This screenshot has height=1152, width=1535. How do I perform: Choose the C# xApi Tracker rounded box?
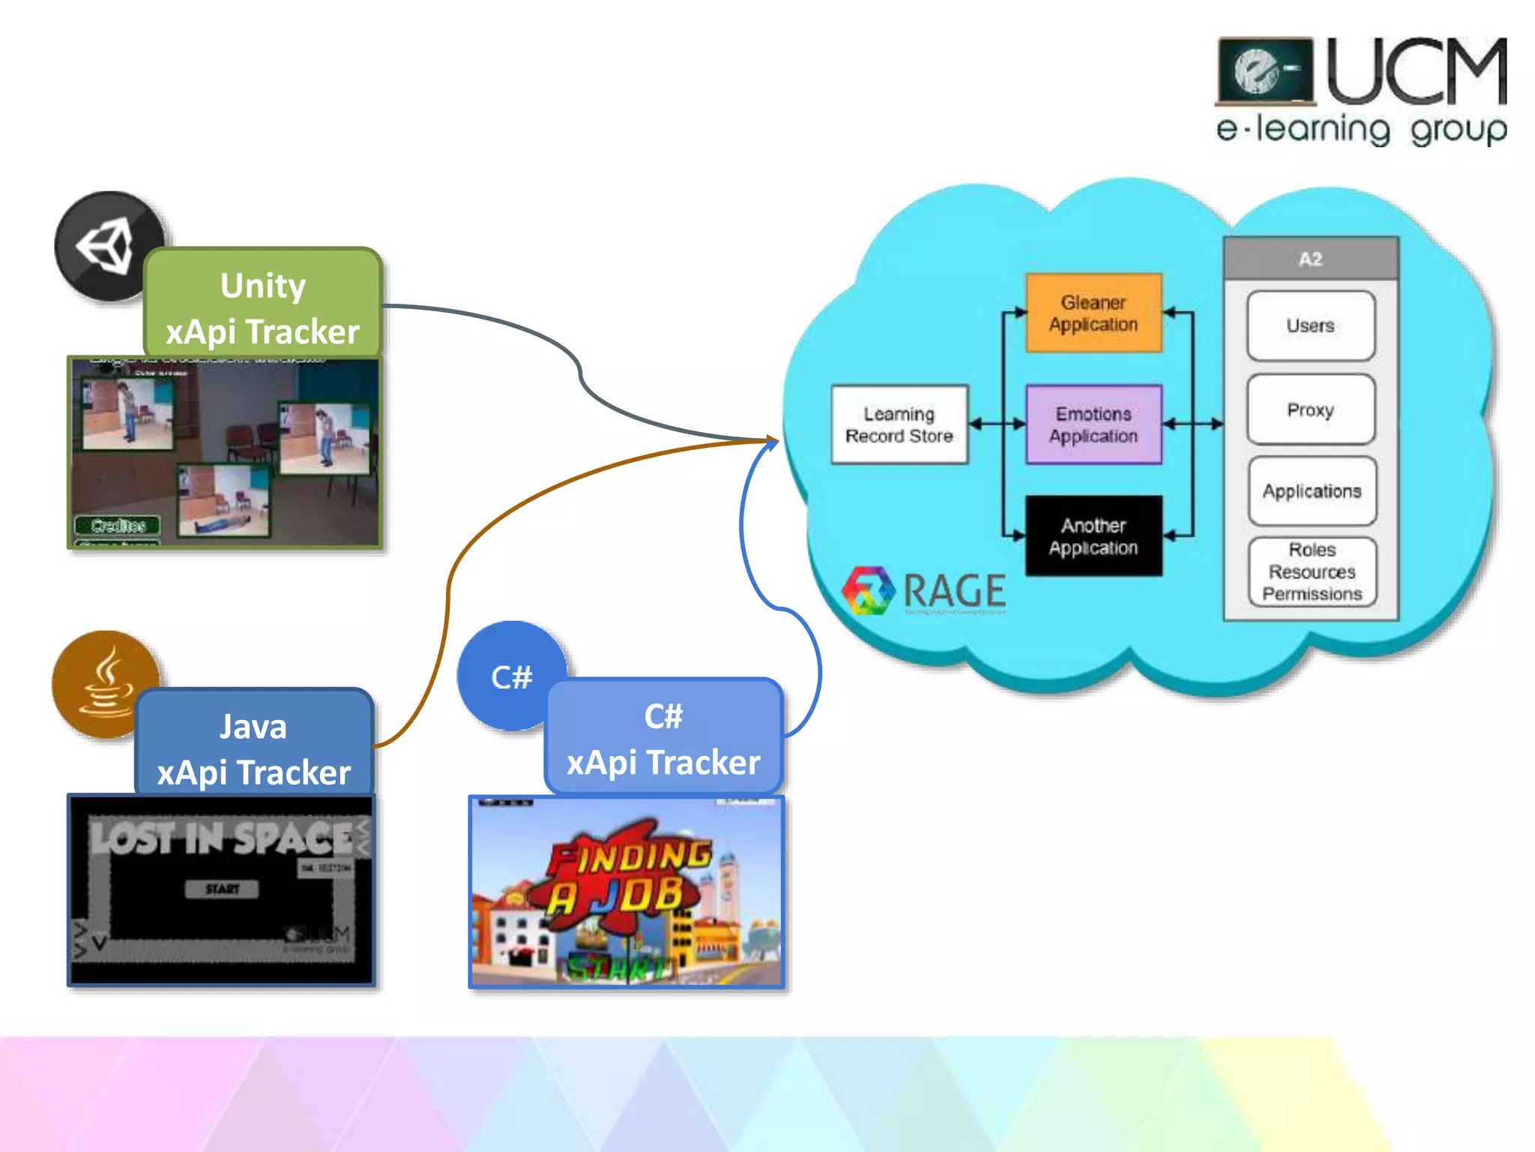tap(663, 738)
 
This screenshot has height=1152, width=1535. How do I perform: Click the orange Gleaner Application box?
tap(1093, 313)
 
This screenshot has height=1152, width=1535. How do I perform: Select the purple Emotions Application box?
tap(1093, 424)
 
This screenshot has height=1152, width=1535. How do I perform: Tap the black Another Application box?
tap(1093, 536)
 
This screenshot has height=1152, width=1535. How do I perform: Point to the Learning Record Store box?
tap(899, 424)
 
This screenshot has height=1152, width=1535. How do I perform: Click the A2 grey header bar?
tap(1310, 259)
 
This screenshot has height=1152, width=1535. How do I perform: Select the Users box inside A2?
tap(1310, 325)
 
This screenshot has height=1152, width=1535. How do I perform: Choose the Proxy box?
tap(1310, 409)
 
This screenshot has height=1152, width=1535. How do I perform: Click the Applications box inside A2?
tap(1312, 490)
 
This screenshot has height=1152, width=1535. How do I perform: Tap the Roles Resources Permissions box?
tap(1312, 571)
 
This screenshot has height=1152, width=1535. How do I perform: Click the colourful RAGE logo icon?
tap(868, 591)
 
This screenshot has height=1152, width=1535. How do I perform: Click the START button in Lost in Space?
tap(222, 889)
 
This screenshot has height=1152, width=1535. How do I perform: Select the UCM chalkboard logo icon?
tap(1265, 71)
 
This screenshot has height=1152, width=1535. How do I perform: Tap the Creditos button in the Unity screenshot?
tap(118, 525)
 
